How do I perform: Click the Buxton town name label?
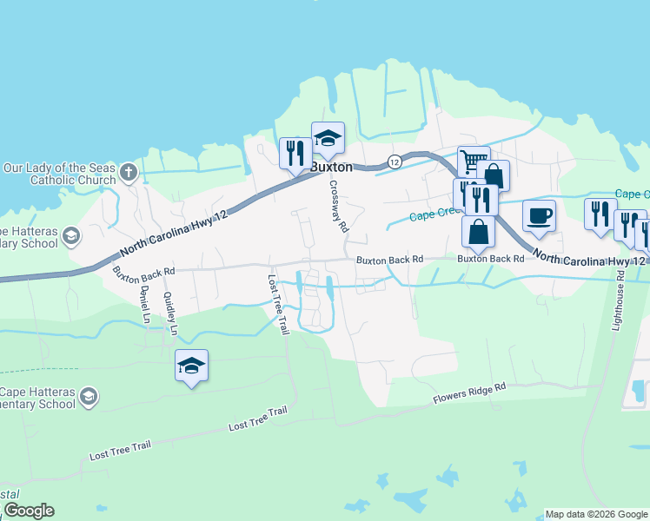click(332, 167)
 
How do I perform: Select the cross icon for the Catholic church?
click(129, 171)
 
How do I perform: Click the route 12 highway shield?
click(395, 161)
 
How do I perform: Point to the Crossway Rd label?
click(338, 207)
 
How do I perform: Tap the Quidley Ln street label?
click(170, 313)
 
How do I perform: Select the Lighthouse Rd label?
click(617, 300)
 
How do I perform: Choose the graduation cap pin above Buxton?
click(328, 138)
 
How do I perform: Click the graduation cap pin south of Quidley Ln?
click(191, 366)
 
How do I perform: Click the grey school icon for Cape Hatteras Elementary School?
click(88, 397)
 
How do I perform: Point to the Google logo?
click(29, 511)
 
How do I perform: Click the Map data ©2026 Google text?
click(596, 514)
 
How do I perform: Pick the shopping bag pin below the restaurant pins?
click(478, 232)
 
